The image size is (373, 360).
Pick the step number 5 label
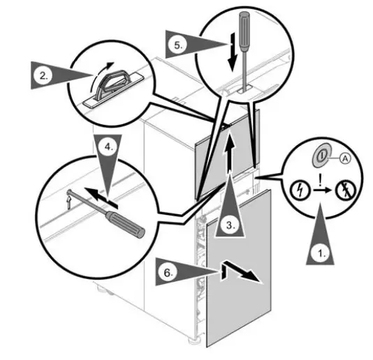tap(177, 45)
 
